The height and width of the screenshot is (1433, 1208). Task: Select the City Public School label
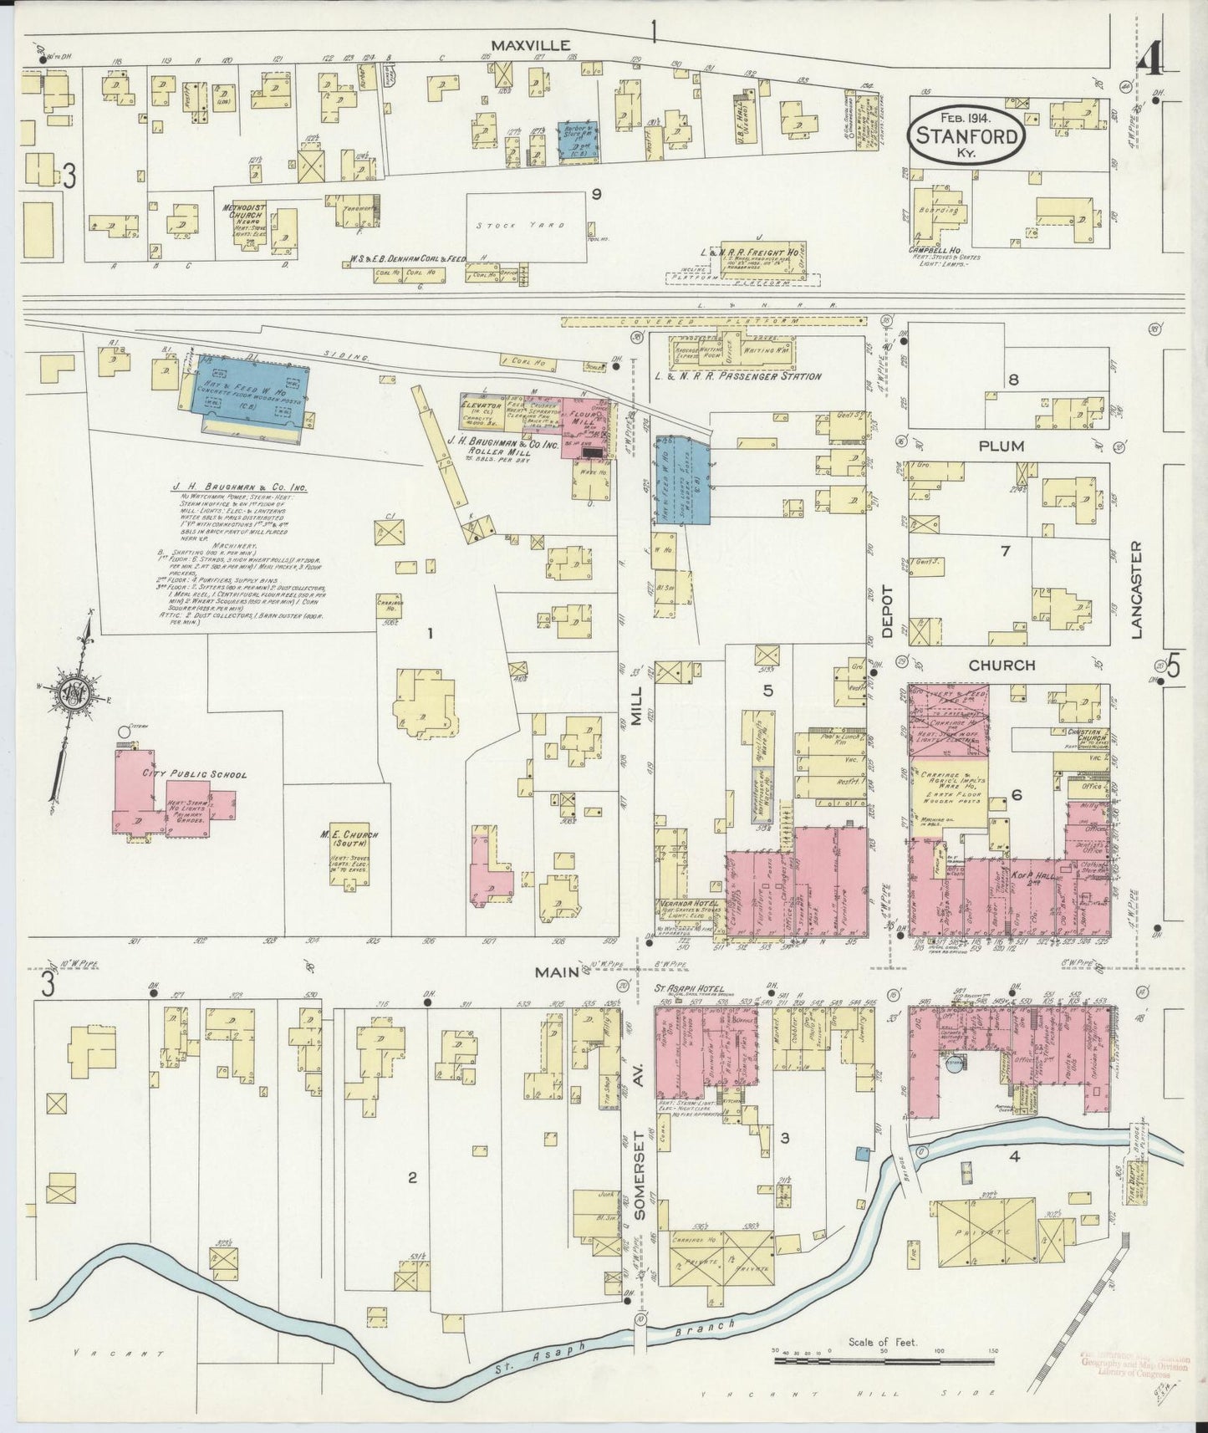tap(195, 774)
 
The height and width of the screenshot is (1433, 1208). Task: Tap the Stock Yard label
tap(510, 225)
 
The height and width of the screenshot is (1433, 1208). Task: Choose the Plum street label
tap(1002, 446)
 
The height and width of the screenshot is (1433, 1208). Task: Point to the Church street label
tap(1002, 666)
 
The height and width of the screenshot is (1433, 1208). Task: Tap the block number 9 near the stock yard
tap(596, 194)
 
